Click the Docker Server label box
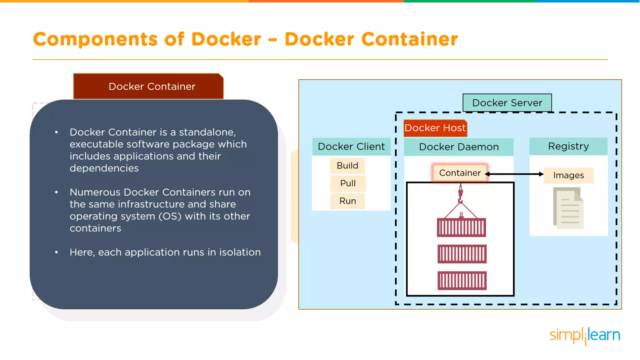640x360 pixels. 507,103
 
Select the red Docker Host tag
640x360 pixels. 435,128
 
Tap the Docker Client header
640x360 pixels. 351,147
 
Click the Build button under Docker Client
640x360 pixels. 347,166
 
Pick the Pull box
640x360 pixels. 348,183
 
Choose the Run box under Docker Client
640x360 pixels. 348,201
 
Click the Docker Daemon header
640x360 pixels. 459,147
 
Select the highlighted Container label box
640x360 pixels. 460,173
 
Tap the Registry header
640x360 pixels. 568,146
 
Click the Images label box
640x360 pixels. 568,175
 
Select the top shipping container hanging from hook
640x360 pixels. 462,227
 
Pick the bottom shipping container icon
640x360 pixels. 462,281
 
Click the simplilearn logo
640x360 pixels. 585,336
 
